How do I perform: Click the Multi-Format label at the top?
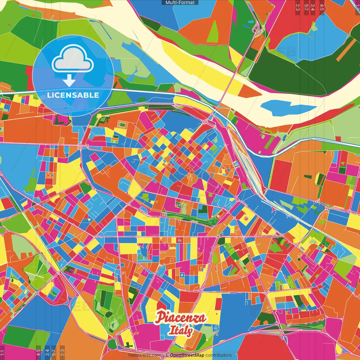pos(180,3)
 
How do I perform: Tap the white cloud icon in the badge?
pos(73,61)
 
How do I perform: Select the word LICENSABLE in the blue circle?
pos(73,95)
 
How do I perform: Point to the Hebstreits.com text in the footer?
pos(145,355)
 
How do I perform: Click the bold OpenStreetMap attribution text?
pos(187,355)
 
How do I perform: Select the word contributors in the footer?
pos(219,355)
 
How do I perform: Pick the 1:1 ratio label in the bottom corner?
pos(2,352)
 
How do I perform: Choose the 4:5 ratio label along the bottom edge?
pos(38,352)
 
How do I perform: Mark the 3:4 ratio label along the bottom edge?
pos(47,352)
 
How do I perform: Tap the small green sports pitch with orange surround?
pos(122,124)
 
